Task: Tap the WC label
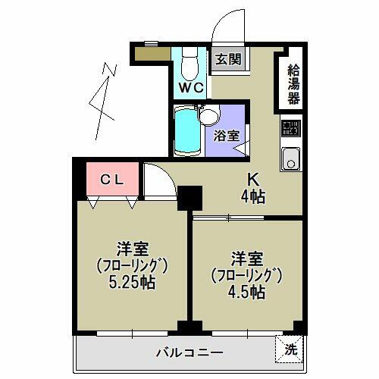click(x=190, y=87)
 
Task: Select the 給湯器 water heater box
click(x=293, y=83)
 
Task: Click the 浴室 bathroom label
click(x=225, y=136)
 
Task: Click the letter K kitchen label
click(x=255, y=180)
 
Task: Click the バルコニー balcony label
click(x=189, y=352)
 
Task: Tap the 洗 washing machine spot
click(x=289, y=350)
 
